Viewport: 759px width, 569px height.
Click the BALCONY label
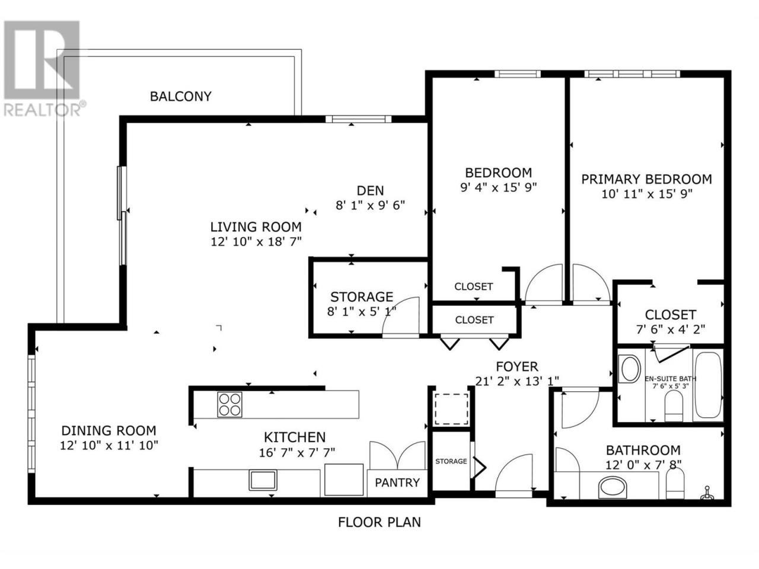(x=180, y=96)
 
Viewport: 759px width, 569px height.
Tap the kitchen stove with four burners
(x=229, y=404)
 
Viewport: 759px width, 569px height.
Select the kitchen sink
(x=263, y=480)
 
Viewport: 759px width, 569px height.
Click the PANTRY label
(x=397, y=482)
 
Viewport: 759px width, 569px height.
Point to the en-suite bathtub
(x=708, y=385)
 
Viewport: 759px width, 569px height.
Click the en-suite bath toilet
(x=674, y=406)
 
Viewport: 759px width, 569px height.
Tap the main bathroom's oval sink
(x=613, y=487)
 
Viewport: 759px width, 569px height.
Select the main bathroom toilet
(x=675, y=483)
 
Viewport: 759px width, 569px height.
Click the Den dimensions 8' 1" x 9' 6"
(x=370, y=205)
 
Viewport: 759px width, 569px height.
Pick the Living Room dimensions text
(x=256, y=241)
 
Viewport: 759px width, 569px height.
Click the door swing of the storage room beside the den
(x=401, y=316)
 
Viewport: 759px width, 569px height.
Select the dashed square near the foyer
(x=451, y=410)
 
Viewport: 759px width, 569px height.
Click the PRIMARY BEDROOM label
(x=646, y=180)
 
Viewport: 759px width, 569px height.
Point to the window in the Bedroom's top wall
(x=517, y=74)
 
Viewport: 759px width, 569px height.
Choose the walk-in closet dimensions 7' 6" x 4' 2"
(x=671, y=329)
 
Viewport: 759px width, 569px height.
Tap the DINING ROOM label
(x=109, y=430)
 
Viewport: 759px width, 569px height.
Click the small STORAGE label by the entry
(x=451, y=461)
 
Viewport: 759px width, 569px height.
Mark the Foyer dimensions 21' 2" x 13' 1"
(x=517, y=381)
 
